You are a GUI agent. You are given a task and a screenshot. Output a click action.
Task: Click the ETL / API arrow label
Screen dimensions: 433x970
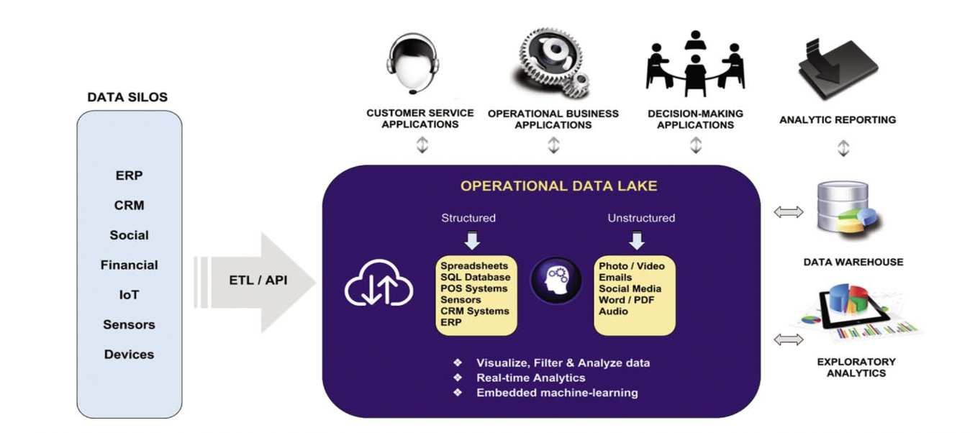coord(258,281)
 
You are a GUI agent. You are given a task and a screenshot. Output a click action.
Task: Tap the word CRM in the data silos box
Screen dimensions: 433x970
coord(129,205)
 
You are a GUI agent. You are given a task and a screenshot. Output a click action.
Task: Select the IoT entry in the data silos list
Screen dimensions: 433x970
coord(129,295)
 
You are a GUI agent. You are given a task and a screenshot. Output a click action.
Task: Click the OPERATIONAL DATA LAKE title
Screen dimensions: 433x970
coord(558,186)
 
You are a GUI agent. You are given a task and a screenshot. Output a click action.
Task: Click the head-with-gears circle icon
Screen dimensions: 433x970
coord(556,281)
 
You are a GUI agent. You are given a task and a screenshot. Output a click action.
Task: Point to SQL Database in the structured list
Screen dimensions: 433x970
coord(476,278)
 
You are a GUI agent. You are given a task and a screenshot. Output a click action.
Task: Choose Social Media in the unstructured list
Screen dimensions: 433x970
coord(630,288)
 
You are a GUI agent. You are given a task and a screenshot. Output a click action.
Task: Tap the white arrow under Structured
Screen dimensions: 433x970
coord(471,239)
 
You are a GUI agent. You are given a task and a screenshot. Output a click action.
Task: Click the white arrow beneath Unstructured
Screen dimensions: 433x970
coord(637,239)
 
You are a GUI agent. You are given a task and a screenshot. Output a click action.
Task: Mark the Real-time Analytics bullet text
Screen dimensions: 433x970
coord(530,378)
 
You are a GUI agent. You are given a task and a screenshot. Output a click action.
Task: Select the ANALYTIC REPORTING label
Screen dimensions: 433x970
coord(837,120)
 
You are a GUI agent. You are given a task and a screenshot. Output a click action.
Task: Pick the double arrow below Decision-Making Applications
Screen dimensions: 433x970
coord(695,145)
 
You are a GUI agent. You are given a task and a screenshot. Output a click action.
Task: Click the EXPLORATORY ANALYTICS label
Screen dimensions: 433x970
coord(856,367)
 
